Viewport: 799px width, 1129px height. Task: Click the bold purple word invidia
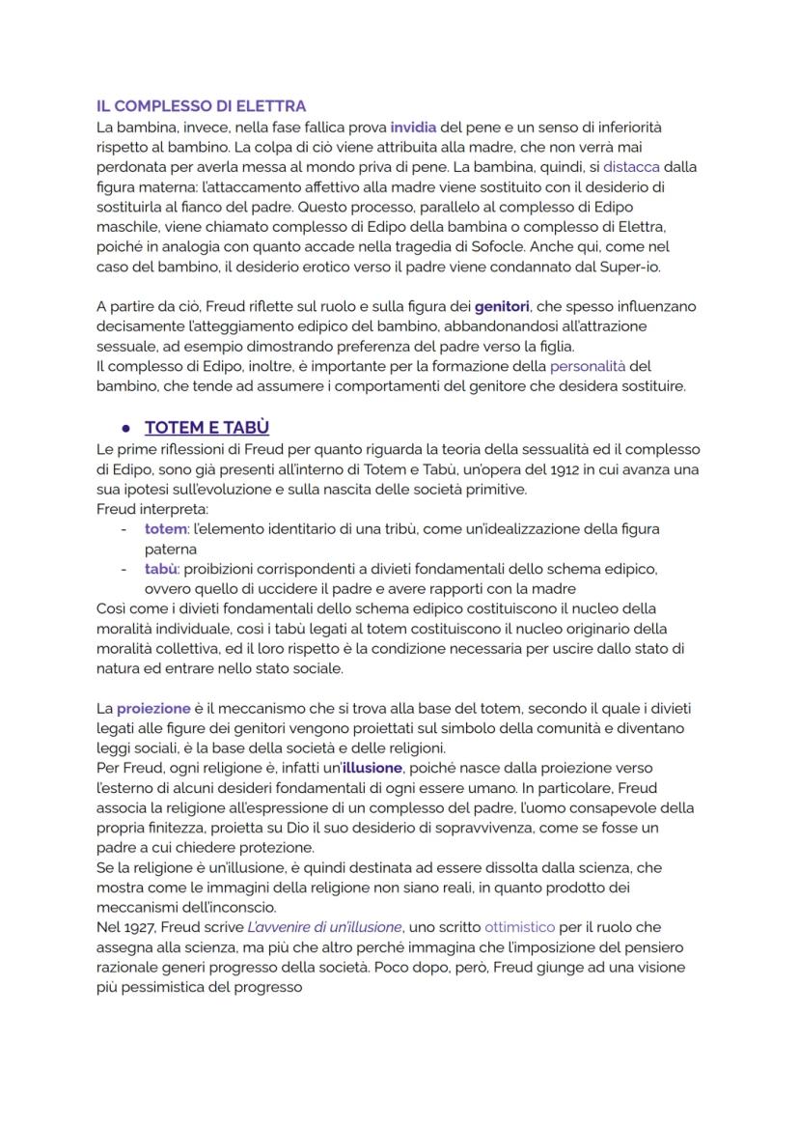point(413,127)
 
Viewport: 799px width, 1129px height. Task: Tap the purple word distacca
point(631,166)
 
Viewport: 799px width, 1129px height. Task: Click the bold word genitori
point(504,306)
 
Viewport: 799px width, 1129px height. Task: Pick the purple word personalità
point(587,367)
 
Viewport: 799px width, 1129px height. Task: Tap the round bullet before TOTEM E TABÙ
point(125,428)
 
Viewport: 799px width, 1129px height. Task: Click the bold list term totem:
point(165,529)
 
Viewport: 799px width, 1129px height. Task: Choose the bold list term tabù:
point(163,569)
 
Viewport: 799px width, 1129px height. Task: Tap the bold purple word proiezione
point(153,708)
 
